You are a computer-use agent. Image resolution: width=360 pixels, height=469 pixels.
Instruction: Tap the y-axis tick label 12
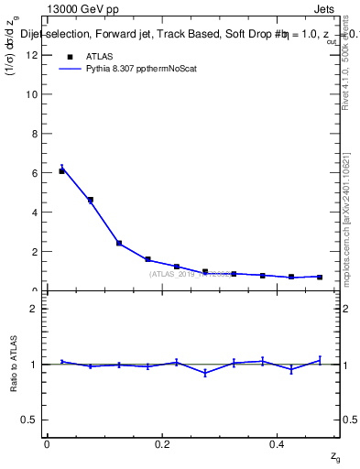(x=32, y=55)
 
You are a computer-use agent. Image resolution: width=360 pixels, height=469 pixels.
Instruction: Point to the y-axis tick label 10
(x=32, y=94)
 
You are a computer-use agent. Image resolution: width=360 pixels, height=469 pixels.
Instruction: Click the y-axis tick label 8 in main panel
(x=35, y=134)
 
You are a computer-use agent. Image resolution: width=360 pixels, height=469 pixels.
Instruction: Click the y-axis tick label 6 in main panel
(x=35, y=173)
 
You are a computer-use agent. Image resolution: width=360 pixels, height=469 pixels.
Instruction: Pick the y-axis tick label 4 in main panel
(x=35, y=213)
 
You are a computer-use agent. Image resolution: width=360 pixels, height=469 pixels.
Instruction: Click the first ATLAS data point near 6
(x=61, y=171)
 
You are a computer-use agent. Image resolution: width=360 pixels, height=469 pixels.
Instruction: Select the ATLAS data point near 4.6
(x=90, y=200)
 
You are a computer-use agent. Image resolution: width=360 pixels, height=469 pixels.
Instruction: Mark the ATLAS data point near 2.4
(x=119, y=243)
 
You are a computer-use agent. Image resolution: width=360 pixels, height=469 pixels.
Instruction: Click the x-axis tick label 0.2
(x=161, y=444)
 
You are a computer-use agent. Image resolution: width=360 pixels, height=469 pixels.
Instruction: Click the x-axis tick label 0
(x=47, y=444)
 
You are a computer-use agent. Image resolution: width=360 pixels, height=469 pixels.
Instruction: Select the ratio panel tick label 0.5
(x=30, y=420)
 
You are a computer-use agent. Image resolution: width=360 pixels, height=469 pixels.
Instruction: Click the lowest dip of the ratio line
(x=205, y=373)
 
